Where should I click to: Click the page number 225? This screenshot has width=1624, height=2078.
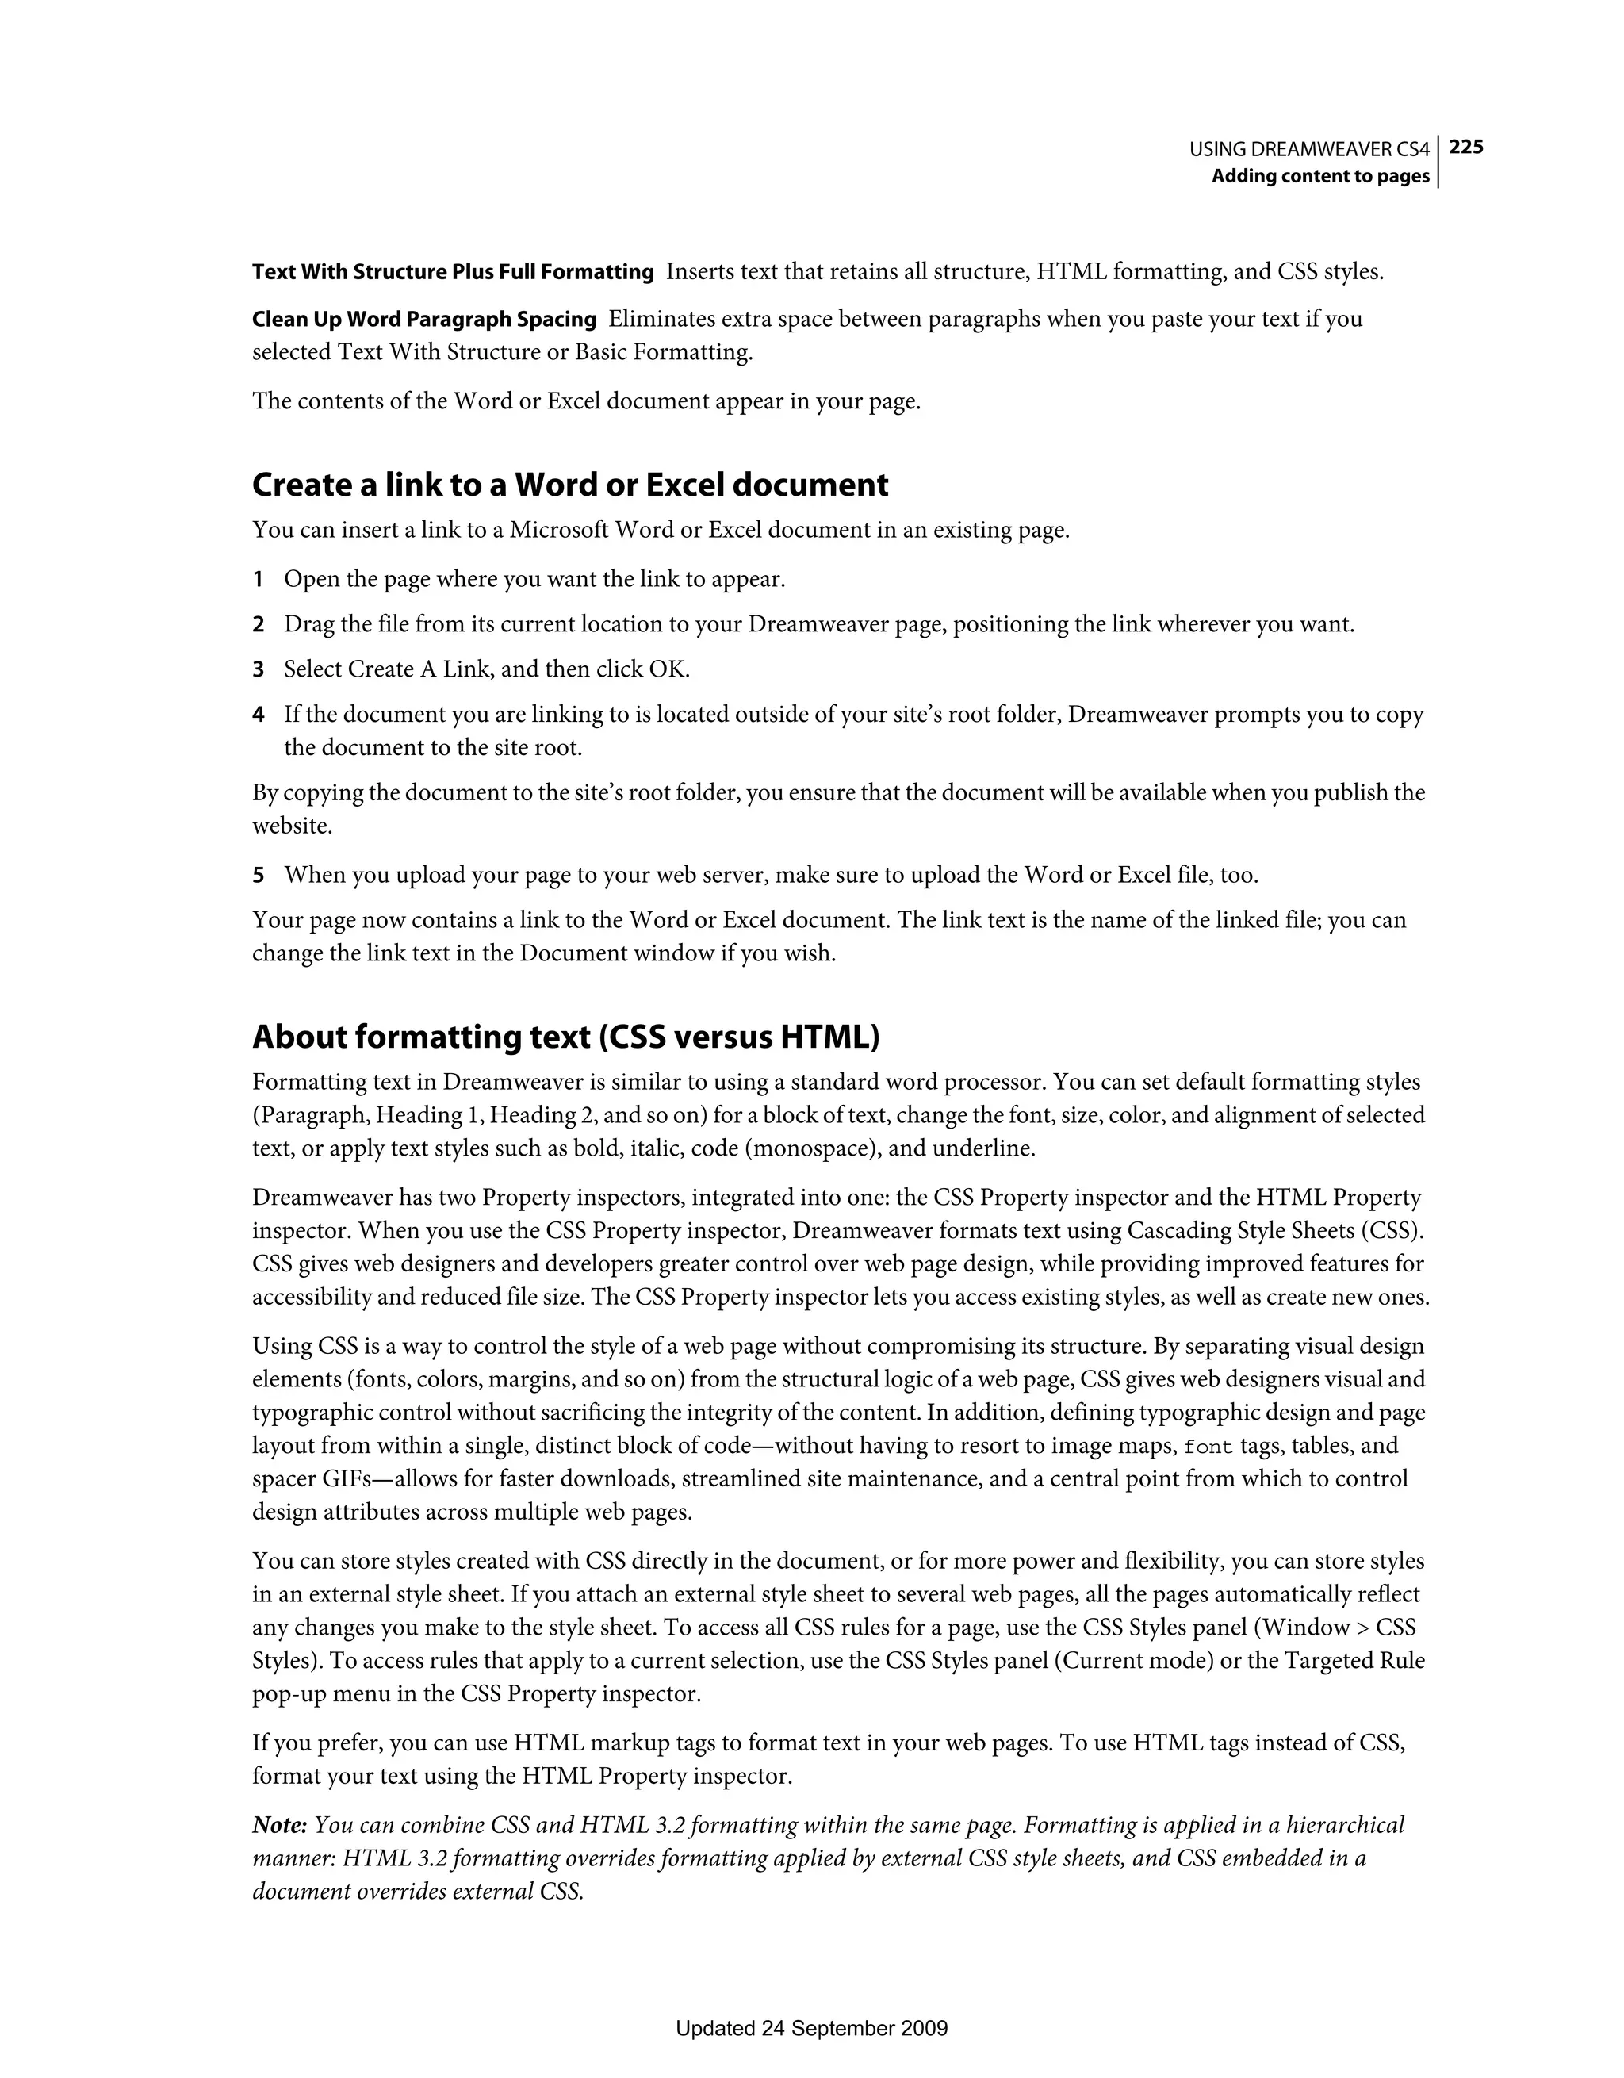pyautogui.click(x=1466, y=147)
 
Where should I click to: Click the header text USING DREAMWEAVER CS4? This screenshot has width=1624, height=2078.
pyautogui.click(x=1309, y=149)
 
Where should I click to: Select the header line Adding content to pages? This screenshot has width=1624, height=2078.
pyautogui.click(x=1319, y=176)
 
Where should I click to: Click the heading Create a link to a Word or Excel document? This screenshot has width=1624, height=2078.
pyautogui.click(x=570, y=485)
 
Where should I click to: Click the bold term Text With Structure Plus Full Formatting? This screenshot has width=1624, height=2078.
pyautogui.click(x=453, y=272)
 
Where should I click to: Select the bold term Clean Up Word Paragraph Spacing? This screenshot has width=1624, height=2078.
pyautogui.click(x=424, y=319)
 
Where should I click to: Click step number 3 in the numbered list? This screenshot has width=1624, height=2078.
pyautogui.click(x=258, y=670)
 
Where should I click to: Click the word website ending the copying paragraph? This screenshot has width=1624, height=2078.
pyautogui.click(x=291, y=826)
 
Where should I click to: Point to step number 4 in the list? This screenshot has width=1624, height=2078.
pyautogui.click(x=258, y=715)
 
